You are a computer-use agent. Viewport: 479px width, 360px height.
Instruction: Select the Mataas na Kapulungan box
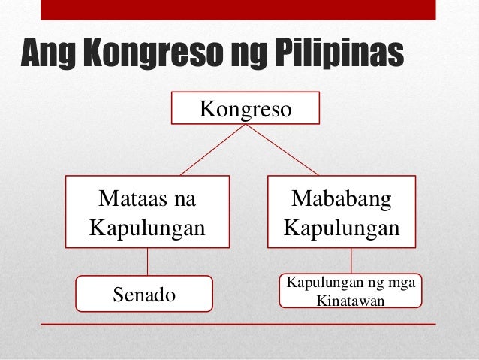147,212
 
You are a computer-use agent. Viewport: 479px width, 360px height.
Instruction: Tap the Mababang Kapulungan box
342,212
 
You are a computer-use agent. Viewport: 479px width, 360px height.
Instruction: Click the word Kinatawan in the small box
351,301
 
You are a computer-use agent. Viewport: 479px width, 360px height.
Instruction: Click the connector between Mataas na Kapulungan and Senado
147,262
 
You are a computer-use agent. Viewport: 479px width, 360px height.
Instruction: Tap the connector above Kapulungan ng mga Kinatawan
351,261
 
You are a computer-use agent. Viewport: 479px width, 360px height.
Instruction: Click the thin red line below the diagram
237,324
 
